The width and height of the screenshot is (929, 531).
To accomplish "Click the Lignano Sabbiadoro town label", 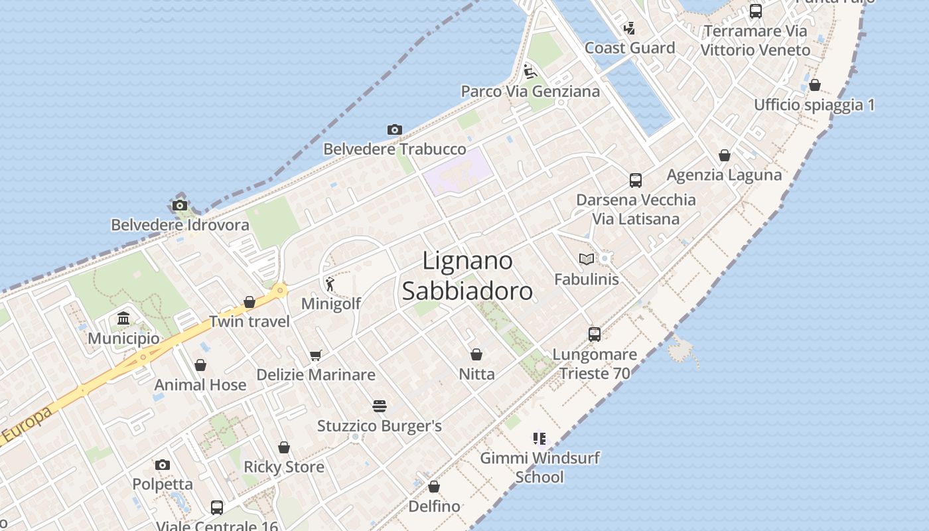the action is tap(467, 275).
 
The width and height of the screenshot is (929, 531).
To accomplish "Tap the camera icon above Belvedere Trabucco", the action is tap(395, 129).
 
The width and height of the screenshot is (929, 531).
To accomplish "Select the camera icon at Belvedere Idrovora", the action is tap(180, 205).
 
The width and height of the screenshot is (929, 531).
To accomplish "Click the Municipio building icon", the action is tap(123, 319).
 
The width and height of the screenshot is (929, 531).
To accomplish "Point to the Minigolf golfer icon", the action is tap(330, 284).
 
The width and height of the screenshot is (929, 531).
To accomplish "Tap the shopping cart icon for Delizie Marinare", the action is tap(316, 355).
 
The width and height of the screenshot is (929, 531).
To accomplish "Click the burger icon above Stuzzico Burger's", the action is tap(380, 406).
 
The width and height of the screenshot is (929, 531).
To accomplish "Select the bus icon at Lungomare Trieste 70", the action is tap(595, 334).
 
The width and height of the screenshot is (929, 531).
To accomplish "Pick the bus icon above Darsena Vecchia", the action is tap(636, 180).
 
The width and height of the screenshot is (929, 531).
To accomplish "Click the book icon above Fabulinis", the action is tap(586, 259).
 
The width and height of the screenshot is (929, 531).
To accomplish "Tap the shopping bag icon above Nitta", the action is tap(476, 354).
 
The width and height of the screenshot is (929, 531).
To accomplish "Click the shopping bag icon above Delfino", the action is tap(434, 487).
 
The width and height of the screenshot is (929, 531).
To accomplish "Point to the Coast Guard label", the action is tap(630, 48).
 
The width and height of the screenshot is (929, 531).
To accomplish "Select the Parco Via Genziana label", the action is tap(530, 92).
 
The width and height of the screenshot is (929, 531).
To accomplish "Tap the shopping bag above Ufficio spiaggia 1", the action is tap(815, 85).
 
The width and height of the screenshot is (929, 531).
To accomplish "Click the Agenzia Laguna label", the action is tap(724, 175).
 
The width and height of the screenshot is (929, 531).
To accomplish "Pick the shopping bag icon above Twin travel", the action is tap(250, 302).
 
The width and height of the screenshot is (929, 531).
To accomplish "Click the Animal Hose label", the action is tap(200, 385).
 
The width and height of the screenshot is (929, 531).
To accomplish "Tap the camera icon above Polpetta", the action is tap(163, 465).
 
